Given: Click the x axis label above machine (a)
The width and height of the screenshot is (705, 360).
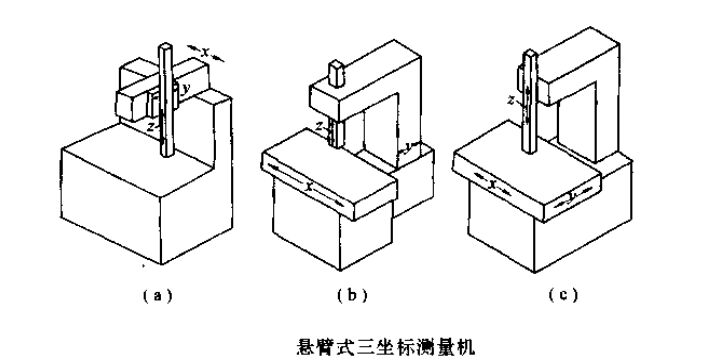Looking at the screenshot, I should pyautogui.click(x=205, y=49).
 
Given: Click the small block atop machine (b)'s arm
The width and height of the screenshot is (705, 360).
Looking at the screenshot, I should pyautogui.click(x=337, y=74).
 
